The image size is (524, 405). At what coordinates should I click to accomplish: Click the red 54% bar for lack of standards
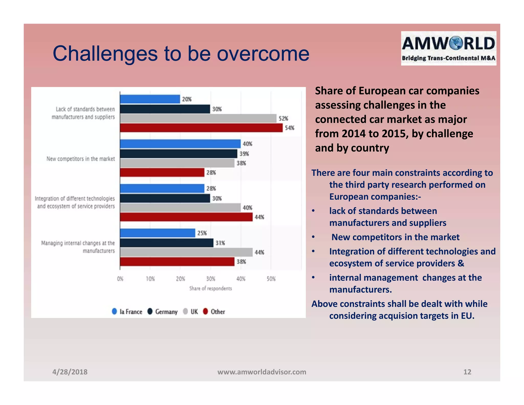click(x=201, y=128)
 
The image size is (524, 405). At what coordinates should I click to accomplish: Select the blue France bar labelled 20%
click(x=150, y=99)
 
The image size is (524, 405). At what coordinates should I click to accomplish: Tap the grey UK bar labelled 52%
click(x=198, y=118)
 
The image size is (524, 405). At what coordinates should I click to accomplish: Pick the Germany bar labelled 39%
click(x=179, y=154)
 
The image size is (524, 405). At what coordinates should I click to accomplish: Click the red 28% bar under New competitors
click(x=162, y=173)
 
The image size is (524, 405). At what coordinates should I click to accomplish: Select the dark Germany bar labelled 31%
click(x=167, y=243)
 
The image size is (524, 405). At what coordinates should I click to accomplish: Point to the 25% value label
click(x=202, y=233)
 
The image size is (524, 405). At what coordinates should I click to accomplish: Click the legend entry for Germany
click(x=163, y=312)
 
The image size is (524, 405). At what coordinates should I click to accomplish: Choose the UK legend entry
click(x=191, y=312)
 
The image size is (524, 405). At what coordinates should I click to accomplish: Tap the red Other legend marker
click(x=205, y=311)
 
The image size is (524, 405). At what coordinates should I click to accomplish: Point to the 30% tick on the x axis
click(x=211, y=279)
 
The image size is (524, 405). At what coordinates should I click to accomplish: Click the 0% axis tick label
click(x=120, y=279)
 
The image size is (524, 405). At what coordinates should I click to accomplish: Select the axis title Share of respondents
click(x=211, y=289)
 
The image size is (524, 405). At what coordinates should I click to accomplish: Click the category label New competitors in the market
click(x=81, y=159)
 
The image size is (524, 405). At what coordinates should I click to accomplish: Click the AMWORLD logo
click(x=449, y=48)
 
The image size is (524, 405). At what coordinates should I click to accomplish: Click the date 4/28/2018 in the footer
click(x=70, y=372)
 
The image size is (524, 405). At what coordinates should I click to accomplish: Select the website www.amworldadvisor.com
click(x=262, y=372)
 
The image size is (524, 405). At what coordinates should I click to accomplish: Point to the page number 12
click(x=467, y=372)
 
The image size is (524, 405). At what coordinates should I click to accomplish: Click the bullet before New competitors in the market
click(x=313, y=237)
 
